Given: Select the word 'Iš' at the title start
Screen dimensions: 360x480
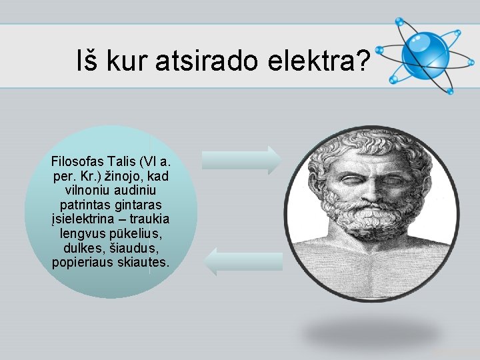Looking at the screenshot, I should pos(89,63).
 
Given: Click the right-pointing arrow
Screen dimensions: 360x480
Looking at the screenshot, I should pos(242,161).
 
